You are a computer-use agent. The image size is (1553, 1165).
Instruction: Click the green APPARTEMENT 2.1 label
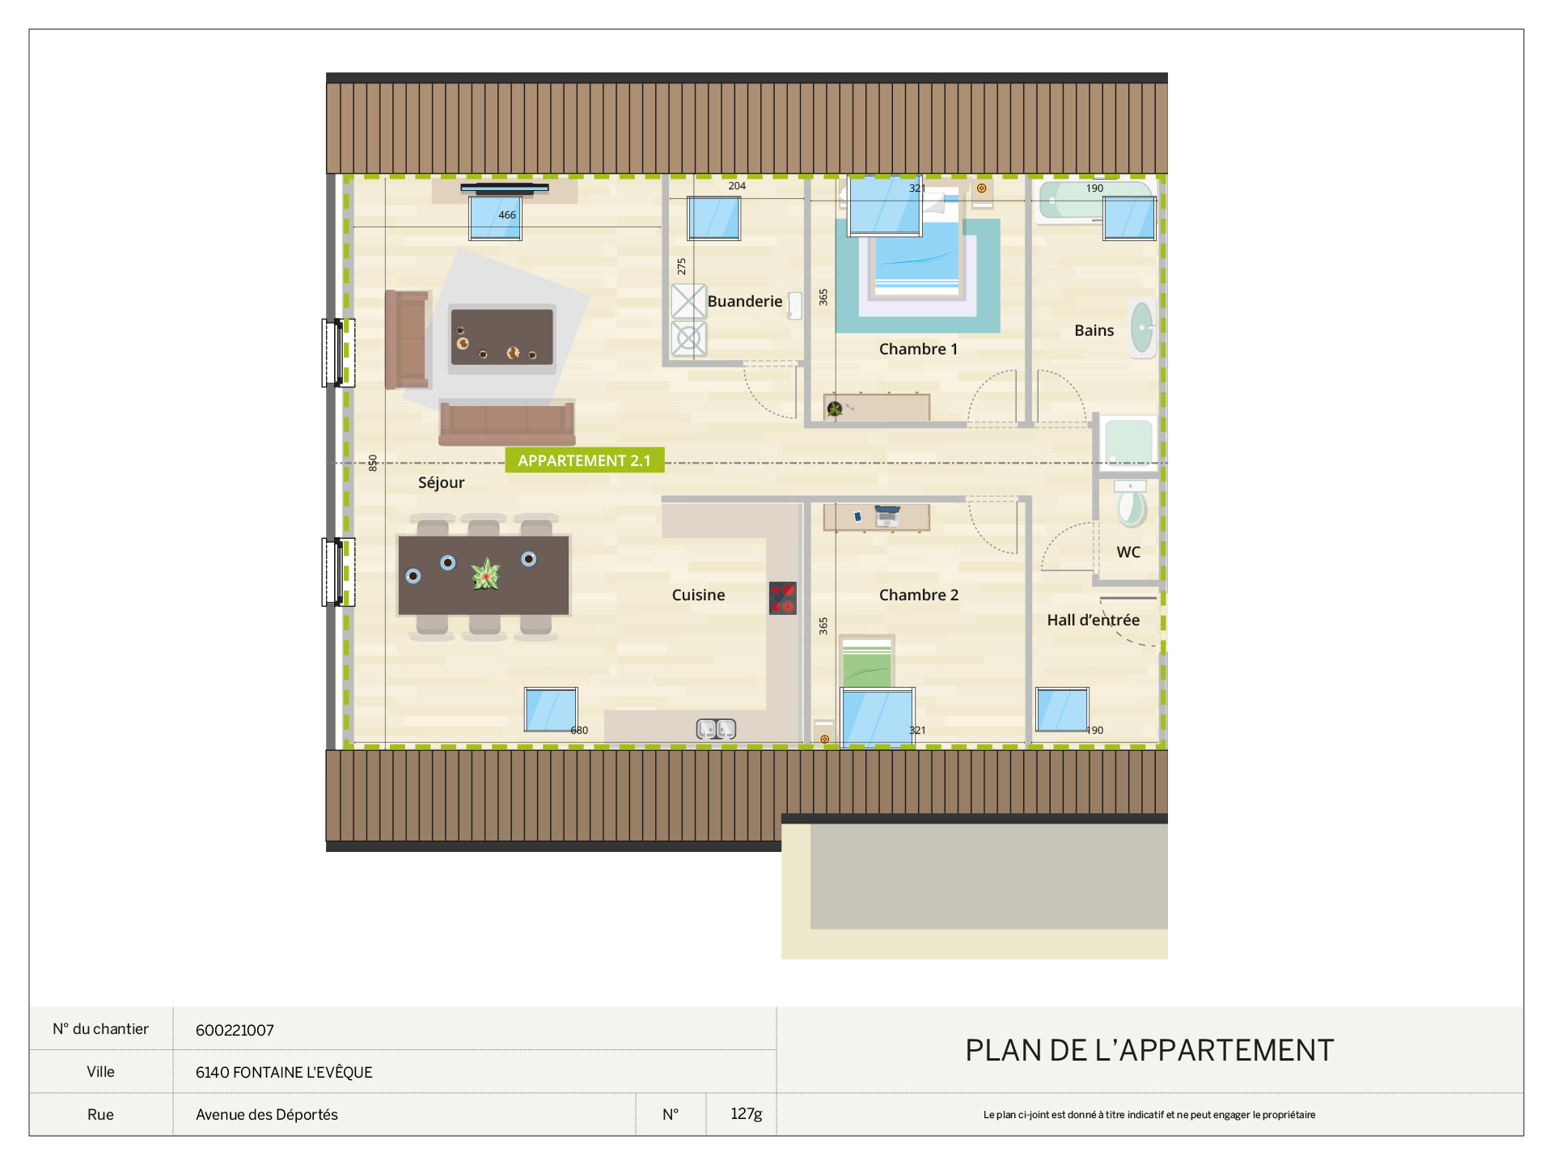point(585,460)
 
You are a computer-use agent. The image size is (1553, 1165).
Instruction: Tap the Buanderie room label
point(745,301)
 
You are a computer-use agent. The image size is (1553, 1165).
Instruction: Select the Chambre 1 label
point(918,349)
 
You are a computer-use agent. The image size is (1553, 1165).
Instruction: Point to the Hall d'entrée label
point(1093,620)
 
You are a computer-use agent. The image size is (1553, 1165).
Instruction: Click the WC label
point(1128,552)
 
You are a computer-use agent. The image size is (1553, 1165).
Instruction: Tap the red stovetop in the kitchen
point(783,598)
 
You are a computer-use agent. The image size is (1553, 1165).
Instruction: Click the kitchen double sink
point(717,729)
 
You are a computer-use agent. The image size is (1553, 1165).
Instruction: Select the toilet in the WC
point(1131,503)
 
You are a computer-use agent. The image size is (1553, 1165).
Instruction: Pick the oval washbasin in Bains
point(1142,328)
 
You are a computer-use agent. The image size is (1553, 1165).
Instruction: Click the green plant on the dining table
point(486,574)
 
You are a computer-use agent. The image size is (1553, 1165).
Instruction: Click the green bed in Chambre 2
point(867,663)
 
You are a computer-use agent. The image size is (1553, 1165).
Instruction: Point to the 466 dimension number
point(507,214)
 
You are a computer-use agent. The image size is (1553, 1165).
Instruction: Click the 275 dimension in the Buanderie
point(681,266)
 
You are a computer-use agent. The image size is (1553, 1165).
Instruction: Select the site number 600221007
point(235,1030)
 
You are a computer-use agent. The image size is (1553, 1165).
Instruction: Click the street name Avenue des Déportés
point(267,1114)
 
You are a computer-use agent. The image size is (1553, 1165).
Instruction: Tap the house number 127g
point(747,1114)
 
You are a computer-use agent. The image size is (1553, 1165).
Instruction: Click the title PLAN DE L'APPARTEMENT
point(1149,1050)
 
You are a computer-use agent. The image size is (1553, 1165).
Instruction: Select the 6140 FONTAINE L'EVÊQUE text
point(284,1072)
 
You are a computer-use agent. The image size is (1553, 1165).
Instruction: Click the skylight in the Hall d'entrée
point(1062,710)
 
